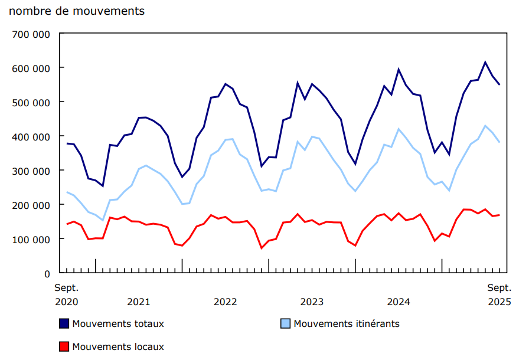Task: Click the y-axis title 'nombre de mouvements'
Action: [x=77, y=11]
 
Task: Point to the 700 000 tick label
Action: [x=30, y=34]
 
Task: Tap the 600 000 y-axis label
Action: [x=30, y=68]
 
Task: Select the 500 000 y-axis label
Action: [x=30, y=103]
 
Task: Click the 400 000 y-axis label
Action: [x=30, y=137]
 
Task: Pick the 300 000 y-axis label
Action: [x=30, y=171]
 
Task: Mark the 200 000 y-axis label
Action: [x=30, y=205]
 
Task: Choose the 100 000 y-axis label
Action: [x=30, y=240]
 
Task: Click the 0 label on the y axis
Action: [x=47, y=274]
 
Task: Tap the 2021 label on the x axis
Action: [x=139, y=302]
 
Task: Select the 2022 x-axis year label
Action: [x=226, y=302]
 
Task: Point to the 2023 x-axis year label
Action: [x=312, y=302]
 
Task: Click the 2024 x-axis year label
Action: [x=399, y=302]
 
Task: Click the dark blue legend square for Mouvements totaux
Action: [x=64, y=323]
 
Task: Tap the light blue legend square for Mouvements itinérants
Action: [x=285, y=323]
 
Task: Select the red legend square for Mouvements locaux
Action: [x=64, y=346]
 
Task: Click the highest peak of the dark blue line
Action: [x=485, y=62]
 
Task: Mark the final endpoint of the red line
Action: [x=499, y=215]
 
